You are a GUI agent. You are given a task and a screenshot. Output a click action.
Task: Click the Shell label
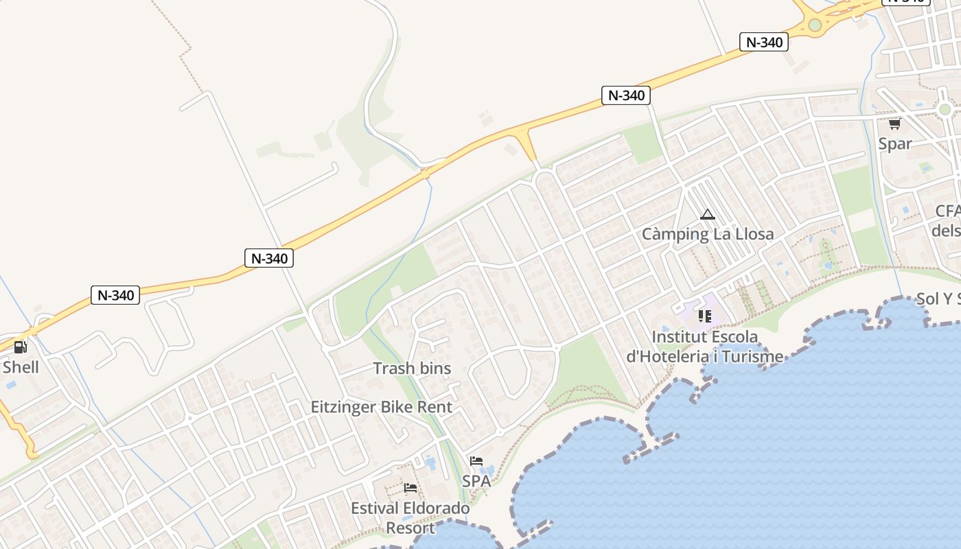pos(21,367)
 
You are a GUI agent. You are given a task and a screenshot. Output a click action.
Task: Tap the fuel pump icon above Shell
pos(21,347)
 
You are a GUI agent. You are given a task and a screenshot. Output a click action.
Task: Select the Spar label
pos(895,143)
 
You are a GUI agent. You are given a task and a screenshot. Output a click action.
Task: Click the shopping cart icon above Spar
pos(894,124)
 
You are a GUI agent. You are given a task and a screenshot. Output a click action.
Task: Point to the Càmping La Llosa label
pos(708,234)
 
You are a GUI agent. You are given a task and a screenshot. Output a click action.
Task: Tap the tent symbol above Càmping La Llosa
pos(708,215)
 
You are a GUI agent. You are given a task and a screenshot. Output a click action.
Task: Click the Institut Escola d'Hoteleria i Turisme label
pos(705,347)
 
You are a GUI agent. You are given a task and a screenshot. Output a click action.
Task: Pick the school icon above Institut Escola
pos(705,316)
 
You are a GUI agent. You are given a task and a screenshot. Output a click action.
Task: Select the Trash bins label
pos(412,369)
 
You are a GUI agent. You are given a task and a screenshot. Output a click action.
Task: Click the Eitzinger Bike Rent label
pos(382,407)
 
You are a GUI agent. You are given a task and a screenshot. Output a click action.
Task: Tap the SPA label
pos(476,481)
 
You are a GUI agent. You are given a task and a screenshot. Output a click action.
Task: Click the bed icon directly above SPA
pos(476,461)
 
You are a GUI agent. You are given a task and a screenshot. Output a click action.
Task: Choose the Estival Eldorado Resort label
pos(410,518)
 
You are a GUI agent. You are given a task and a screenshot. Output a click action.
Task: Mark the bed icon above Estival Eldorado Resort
pos(410,488)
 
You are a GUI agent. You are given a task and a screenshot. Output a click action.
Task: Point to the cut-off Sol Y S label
pos(938,299)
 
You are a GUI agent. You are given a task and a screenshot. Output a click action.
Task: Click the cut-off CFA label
pos(947,211)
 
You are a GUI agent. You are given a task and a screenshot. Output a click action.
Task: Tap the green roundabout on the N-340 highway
pos(815,25)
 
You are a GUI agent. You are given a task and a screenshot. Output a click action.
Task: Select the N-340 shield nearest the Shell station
pos(115,296)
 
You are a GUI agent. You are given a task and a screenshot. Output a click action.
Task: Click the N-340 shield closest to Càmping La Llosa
pos(626,95)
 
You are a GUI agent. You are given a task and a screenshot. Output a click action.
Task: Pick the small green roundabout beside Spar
pos(945,110)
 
